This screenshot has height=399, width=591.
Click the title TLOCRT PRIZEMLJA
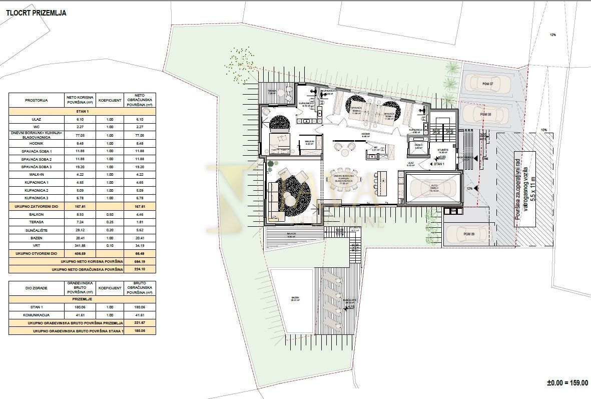tap(36, 13)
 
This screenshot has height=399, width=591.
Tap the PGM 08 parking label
tap(485, 115)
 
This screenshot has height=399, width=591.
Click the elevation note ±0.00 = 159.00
tap(567, 382)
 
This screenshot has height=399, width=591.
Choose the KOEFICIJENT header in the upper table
tap(110, 100)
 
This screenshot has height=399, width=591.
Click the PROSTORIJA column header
tap(36, 100)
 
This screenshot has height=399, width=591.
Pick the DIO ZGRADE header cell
tap(36, 288)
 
